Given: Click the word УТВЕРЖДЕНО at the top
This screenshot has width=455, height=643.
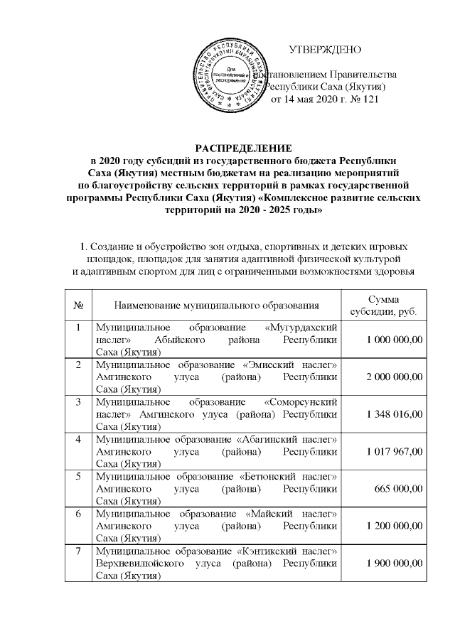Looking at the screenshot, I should point(325,50).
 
